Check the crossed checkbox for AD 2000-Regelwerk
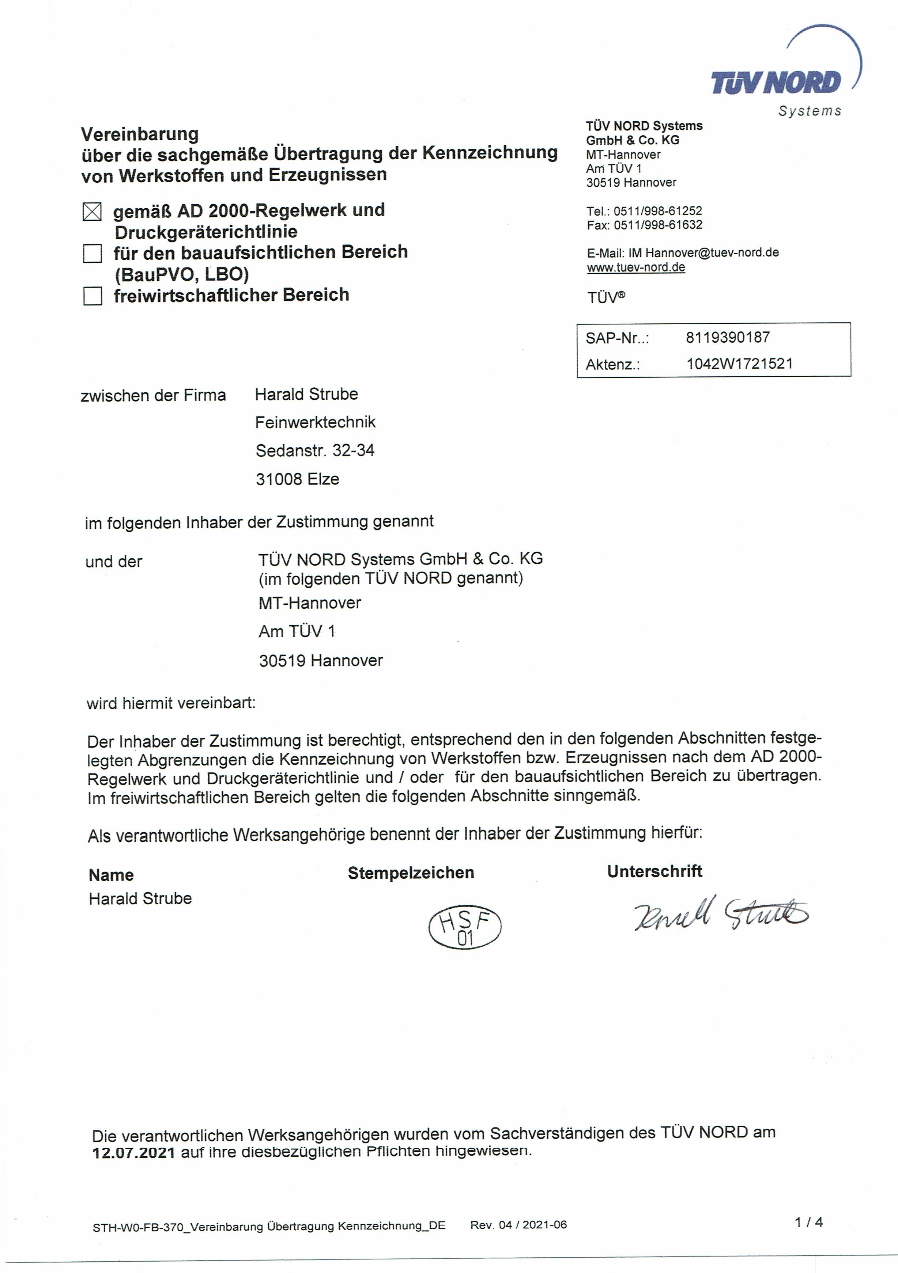[92, 211]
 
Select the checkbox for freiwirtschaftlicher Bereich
[92, 296]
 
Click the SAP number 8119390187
[727, 337]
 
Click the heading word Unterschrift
[654, 871]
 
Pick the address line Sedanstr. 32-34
[314, 451]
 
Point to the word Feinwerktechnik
[315, 422]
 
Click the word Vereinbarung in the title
[140, 134]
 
